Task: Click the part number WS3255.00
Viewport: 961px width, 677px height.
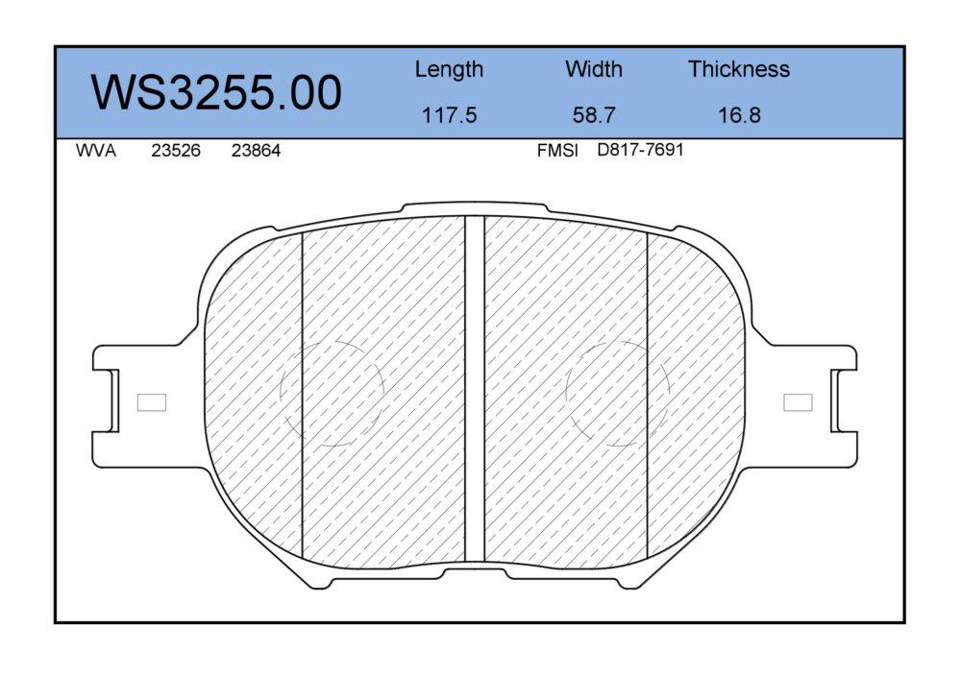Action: coord(216,92)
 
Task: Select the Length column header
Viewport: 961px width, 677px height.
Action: coord(449,70)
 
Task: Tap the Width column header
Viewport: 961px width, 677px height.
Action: coord(594,68)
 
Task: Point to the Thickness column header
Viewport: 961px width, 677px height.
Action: coord(738,68)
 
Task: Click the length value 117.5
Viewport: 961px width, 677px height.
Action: coord(449,115)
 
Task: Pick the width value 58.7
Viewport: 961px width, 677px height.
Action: coord(594,115)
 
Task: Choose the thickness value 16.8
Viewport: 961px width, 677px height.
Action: coord(739,115)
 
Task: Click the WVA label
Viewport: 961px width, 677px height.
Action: coord(95,151)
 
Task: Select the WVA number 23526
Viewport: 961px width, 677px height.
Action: coord(176,151)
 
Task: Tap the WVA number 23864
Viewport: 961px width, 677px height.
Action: coord(256,151)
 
